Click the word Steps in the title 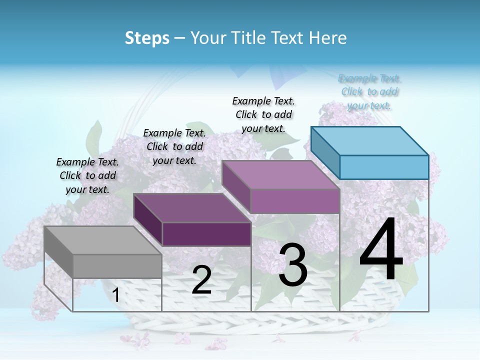pos(147,38)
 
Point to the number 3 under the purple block pos(292,264)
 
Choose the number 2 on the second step pos(202,280)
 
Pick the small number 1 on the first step pos(116,295)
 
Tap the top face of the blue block pos(369,140)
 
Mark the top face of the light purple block pos(280,175)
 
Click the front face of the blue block pos(384,167)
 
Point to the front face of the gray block pos(117,266)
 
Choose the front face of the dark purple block pos(206,234)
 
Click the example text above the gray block pos(87,175)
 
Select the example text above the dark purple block pos(174,146)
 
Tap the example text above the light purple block pos(263,114)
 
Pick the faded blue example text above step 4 pos(369,91)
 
